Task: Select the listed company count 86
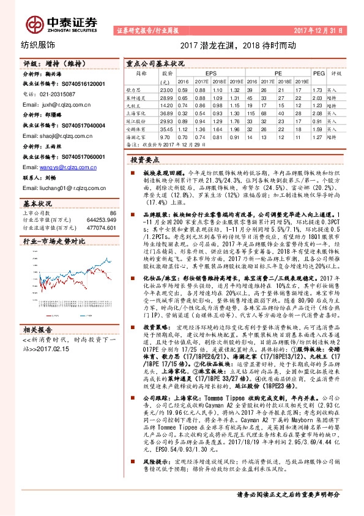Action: pyautogui.click(x=112, y=211)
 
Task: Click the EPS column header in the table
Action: pyautogui.click(x=210, y=72)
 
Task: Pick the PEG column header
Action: pyautogui.click(x=318, y=72)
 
